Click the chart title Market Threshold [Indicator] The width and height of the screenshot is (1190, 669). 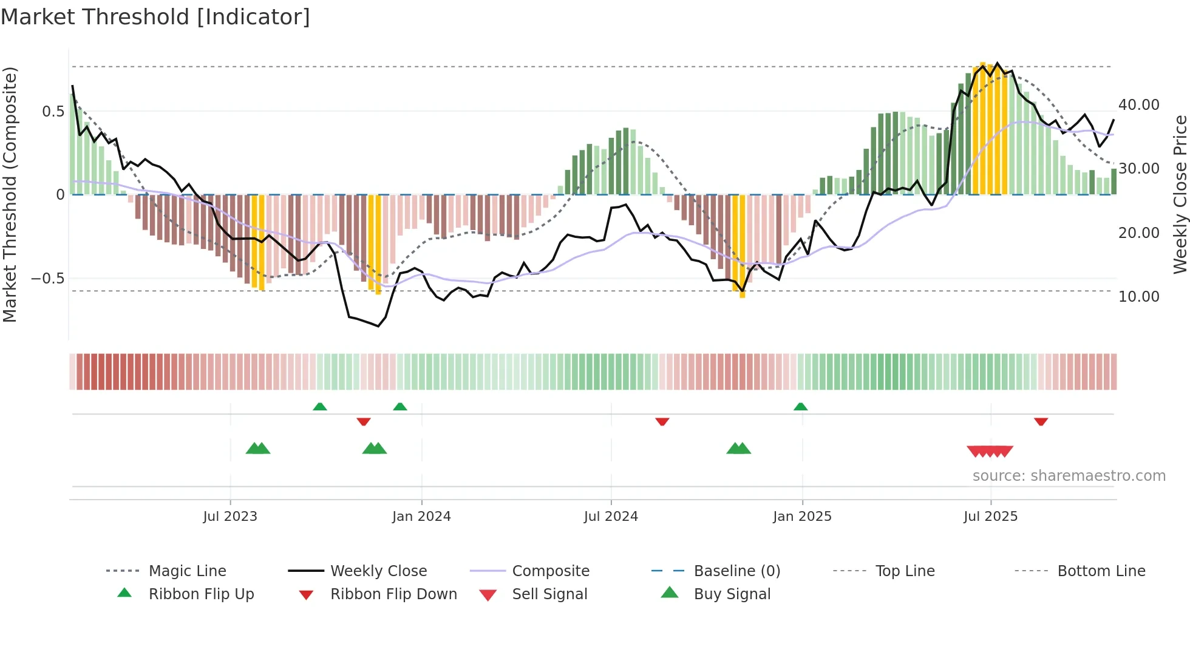point(155,17)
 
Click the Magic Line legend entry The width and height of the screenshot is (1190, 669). point(187,571)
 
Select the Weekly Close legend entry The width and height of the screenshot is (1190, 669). point(378,571)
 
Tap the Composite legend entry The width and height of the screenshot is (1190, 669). point(550,571)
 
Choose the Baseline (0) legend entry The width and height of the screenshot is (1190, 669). point(736,571)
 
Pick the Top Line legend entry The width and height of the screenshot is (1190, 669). point(905,571)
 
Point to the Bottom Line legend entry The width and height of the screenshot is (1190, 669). point(1101,571)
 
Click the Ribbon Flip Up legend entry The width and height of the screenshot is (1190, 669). point(201,594)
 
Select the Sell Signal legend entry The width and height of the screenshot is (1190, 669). point(549,594)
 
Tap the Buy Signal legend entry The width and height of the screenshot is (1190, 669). point(732,594)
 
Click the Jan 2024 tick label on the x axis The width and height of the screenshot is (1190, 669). point(421,516)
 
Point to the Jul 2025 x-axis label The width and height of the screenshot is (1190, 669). point(990,516)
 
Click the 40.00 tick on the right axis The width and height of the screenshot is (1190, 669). point(1138,104)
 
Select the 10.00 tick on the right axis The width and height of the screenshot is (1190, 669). point(1138,296)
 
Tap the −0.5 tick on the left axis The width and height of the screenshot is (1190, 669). point(47,279)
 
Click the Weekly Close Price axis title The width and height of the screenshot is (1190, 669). point(1180,194)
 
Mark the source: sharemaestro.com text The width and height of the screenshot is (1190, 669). point(1069,475)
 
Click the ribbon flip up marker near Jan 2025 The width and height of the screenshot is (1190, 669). point(800,407)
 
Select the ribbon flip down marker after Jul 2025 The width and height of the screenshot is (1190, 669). point(1041,421)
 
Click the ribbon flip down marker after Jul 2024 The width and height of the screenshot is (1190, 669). point(662,421)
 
